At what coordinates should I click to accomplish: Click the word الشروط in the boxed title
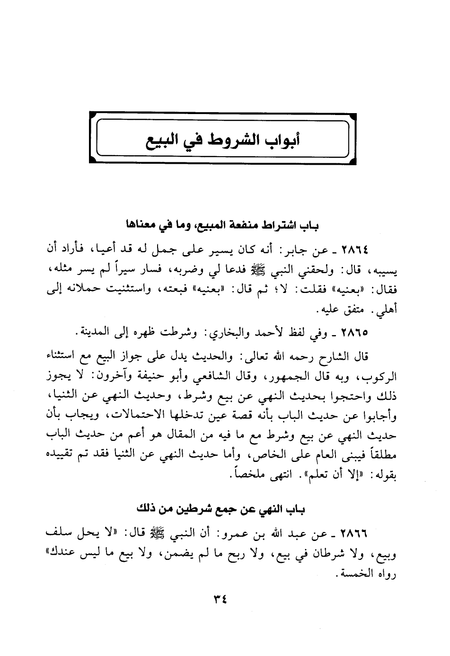coord(229,141)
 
